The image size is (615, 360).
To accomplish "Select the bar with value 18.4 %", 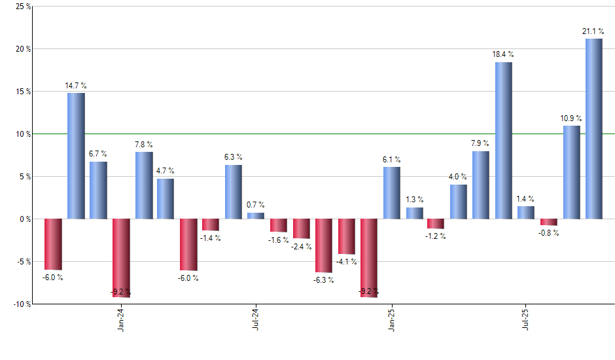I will (x=503, y=141).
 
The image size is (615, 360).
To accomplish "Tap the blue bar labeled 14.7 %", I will (x=76, y=156).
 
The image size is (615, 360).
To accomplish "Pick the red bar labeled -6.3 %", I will (x=323, y=245).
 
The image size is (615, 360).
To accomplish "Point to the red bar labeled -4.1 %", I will (x=346, y=236).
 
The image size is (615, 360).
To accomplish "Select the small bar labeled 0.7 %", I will (x=256, y=215).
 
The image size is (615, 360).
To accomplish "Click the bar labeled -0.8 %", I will (x=548, y=222).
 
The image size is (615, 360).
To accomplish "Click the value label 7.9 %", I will (x=481, y=143).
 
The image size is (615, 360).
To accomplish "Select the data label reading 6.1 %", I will (x=391, y=159).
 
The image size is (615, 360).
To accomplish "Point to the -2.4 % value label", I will (x=302, y=247).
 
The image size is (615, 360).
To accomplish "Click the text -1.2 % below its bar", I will (x=436, y=236).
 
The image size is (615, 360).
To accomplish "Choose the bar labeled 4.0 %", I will (x=458, y=202).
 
